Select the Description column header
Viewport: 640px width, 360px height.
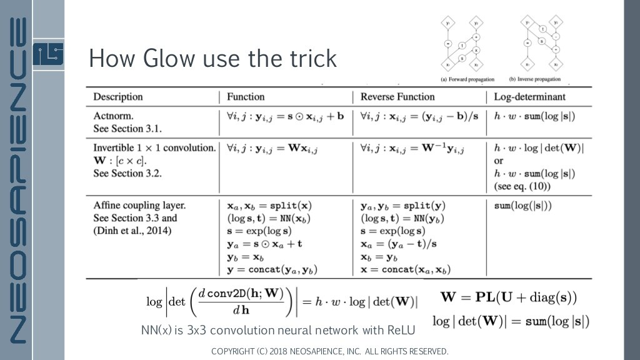[118, 97]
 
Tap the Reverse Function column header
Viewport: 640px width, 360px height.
[397, 97]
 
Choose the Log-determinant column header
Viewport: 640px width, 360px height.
[529, 97]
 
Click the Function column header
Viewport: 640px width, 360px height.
[246, 97]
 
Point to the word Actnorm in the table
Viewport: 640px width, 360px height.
[113, 116]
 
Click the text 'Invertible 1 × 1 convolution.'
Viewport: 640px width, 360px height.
[154, 148]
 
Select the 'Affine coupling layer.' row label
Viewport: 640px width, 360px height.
[139, 205]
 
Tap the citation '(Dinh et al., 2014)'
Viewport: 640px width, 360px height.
[132, 231]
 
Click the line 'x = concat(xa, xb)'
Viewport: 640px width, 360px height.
[406, 270]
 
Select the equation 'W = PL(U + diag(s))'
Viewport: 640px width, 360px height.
[509, 297]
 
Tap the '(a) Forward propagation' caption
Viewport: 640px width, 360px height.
[467, 79]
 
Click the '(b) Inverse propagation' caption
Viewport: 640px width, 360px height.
[534, 79]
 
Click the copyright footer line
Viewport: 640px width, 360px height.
[329, 351]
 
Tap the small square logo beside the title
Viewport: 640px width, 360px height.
[48, 55]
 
